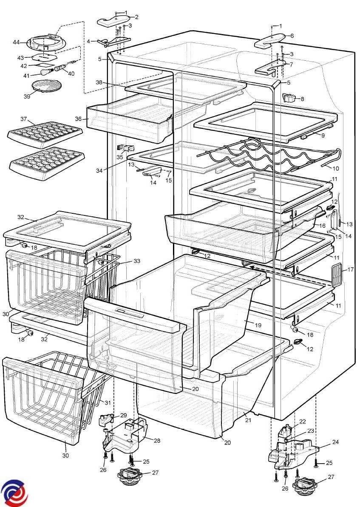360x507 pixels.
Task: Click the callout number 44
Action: [16, 42]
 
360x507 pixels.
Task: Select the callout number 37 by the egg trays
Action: [24, 118]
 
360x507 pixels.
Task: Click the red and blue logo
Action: [14, 493]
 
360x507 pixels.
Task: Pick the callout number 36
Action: [78, 119]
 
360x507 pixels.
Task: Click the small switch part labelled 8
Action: [258, 325]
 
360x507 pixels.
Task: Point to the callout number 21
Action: [335, 442]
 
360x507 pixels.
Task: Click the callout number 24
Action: [157, 441]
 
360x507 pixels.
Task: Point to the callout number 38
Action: [99, 82]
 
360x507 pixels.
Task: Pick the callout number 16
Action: [322, 226]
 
